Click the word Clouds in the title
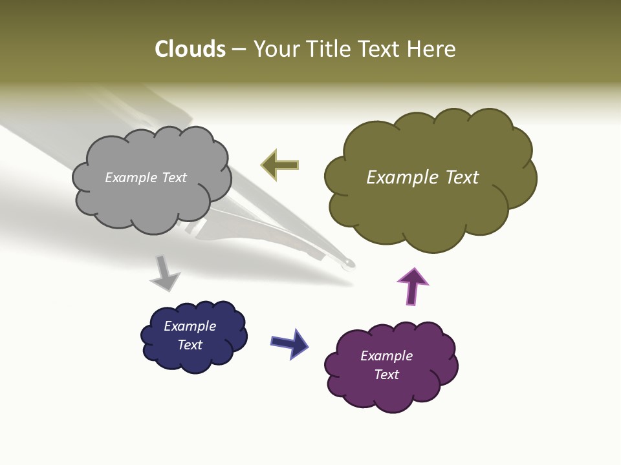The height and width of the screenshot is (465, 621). [x=190, y=49]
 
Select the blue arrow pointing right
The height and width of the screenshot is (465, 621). [x=289, y=343]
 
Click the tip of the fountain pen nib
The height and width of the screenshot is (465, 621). [x=349, y=263]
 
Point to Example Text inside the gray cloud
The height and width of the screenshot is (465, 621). [x=146, y=178]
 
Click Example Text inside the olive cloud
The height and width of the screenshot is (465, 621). [x=422, y=178]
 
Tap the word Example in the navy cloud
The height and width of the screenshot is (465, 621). [x=190, y=326]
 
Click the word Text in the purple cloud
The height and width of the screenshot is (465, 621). [x=386, y=375]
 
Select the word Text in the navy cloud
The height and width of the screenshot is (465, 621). [x=190, y=345]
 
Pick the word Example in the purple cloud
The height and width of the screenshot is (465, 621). [x=386, y=356]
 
